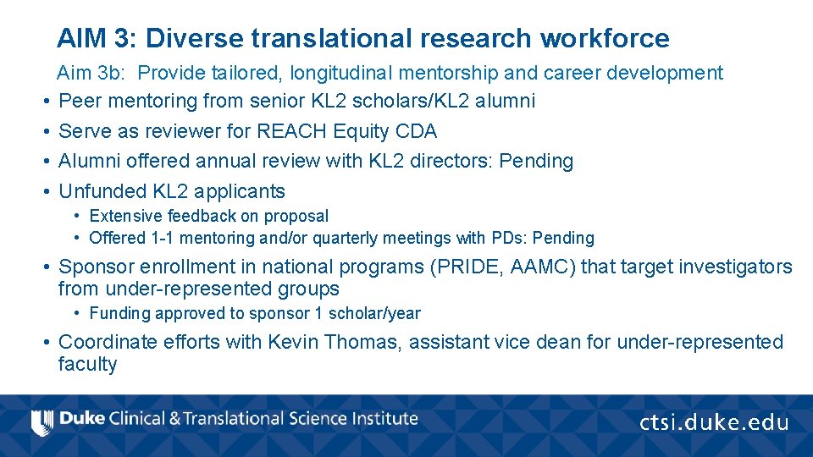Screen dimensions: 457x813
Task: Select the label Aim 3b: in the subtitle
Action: [93, 73]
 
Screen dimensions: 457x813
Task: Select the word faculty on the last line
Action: [87, 365]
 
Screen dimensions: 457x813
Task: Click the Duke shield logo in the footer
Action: [41, 421]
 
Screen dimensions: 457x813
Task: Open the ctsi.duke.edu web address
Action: [713, 422]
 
